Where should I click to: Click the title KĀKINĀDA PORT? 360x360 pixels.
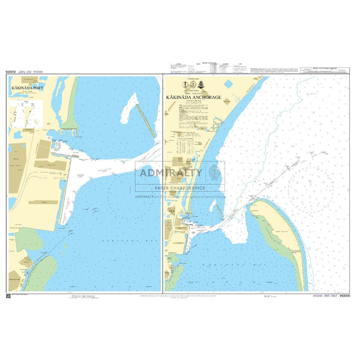(x=26, y=88)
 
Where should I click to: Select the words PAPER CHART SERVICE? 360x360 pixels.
(x=180, y=188)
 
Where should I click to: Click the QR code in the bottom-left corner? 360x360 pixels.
(x=8, y=295)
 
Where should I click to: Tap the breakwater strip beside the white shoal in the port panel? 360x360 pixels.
(x=147, y=120)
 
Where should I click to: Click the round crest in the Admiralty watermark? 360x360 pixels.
(x=214, y=172)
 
